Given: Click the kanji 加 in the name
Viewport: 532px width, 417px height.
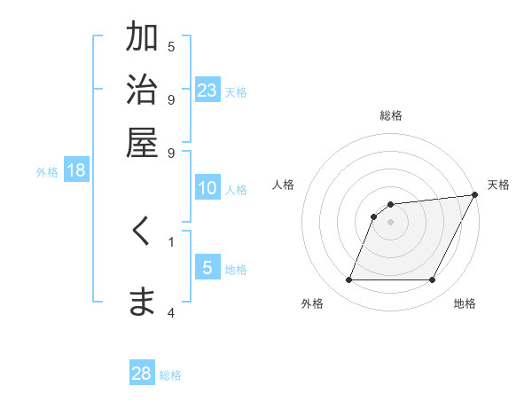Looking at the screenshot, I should coord(142,38).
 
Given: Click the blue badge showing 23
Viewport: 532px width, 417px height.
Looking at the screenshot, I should coord(207,90).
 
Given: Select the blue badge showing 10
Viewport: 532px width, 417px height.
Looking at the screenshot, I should coord(207,188).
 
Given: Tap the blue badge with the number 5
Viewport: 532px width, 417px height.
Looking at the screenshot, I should coord(207,268).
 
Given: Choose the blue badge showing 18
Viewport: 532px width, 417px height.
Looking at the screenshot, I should coord(76,171).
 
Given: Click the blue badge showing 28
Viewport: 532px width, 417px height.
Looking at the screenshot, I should coord(142,374).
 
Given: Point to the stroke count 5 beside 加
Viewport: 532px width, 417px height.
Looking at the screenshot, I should coord(171,46).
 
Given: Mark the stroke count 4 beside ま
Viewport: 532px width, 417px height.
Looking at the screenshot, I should coord(171,312).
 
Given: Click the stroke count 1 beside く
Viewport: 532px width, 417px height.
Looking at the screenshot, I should coord(171,240).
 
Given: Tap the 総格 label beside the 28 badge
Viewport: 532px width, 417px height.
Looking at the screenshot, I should coord(170,375).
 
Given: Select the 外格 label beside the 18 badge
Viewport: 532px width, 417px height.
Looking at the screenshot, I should coord(47,172).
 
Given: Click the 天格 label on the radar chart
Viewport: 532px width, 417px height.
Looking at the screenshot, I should coord(498,185).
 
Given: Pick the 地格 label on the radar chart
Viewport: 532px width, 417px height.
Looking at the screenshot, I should coord(465,303).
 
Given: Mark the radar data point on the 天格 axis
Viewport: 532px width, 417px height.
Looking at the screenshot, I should coord(474,195).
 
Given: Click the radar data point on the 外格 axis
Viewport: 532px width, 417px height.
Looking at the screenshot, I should coord(349,280).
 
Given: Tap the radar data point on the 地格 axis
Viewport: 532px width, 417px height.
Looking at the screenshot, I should coord(433,280).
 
